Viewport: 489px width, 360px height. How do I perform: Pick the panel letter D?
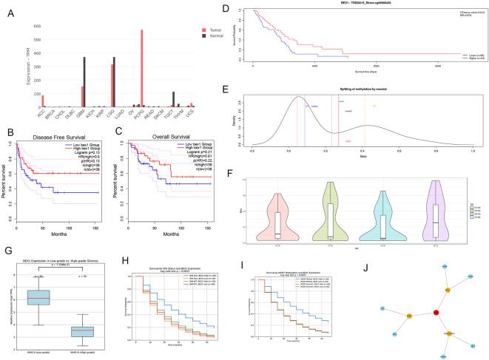247,10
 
